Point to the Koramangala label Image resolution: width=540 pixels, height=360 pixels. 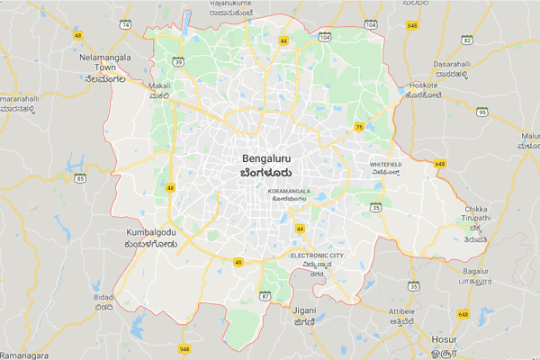pyautogui.click(x=289, y=192)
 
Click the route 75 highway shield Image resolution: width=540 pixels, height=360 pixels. pyautogui.click(x=359, y=127)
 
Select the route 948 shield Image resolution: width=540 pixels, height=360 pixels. pyautogui.click(x=184, y=348)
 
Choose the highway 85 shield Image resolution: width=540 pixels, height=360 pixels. pyautogui.click(x=81, y=179)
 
